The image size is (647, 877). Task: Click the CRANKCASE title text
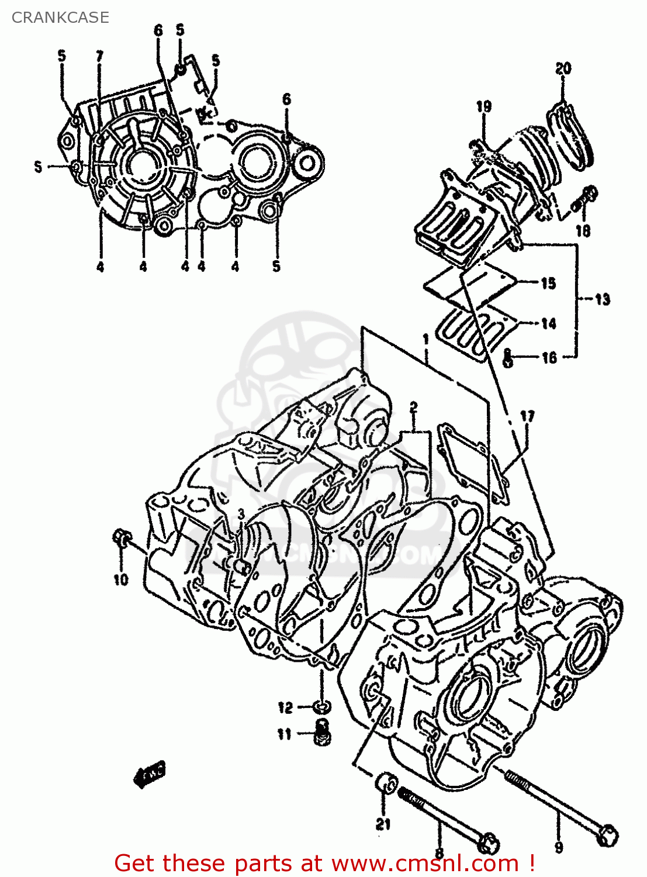[x=60, y=18]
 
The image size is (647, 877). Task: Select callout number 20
[x=563, y=69]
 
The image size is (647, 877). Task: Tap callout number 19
[x=483, y=106]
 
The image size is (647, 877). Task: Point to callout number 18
[x=583, y=230]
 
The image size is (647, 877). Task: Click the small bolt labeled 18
[x=584, y=197]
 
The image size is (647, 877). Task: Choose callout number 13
[x=602, y=299]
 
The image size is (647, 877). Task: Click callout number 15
[x=548, y=284]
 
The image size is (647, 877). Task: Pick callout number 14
[x=548, y=323]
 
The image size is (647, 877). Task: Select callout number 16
[x=549, y=357]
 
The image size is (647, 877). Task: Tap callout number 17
[x=527, y=417]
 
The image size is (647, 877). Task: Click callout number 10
[x=120, y=579]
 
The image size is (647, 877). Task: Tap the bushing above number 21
[x=386, y=782]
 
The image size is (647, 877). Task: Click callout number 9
[x=559, y=847]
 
